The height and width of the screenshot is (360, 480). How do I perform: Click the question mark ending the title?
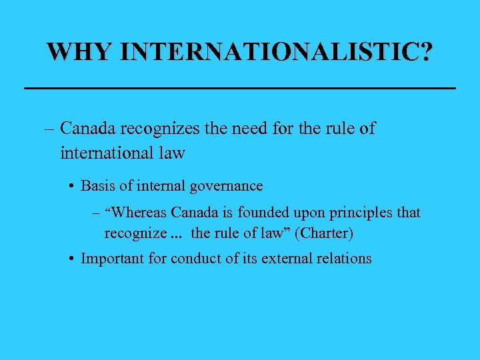coord(425,51)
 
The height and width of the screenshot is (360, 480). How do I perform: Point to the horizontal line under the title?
coord(239,88)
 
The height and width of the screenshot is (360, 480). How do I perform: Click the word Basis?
coord(99,185)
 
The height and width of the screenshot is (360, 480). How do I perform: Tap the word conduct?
coord(195,258)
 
